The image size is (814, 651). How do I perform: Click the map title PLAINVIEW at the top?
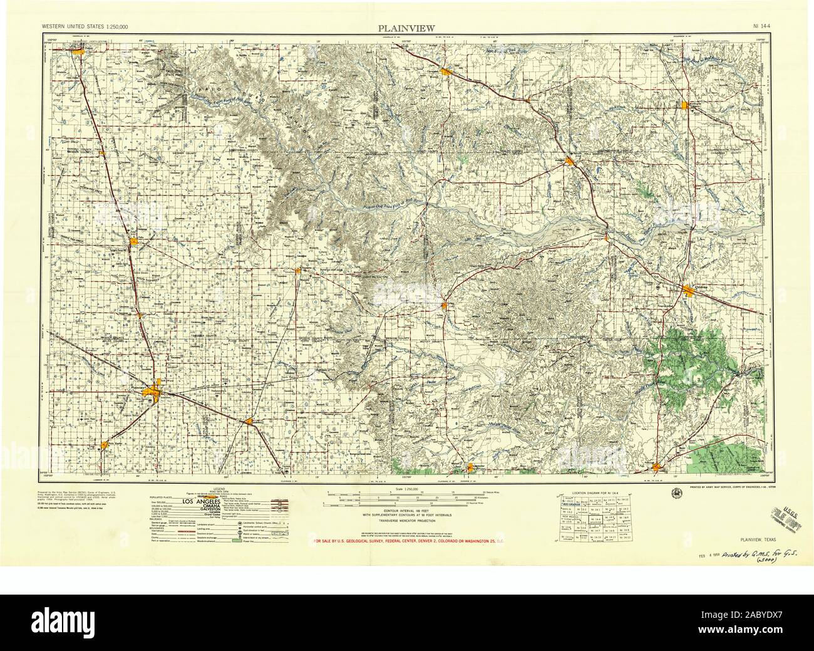pyautogui.click(x=406, y=28)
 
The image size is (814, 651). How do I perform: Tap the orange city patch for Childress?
pyautogui.click(x=689, y=289)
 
